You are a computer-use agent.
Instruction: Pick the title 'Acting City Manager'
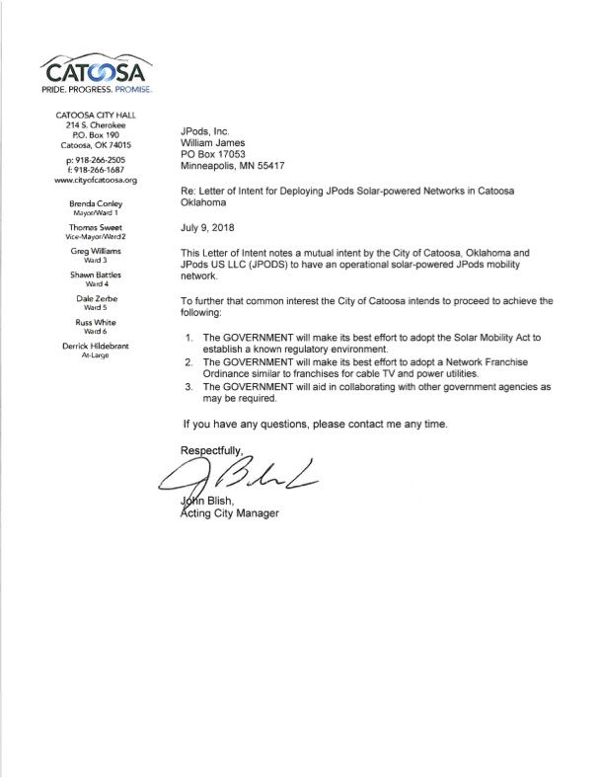(x=230, y=513)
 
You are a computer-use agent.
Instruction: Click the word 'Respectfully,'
(x=211, y=450)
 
